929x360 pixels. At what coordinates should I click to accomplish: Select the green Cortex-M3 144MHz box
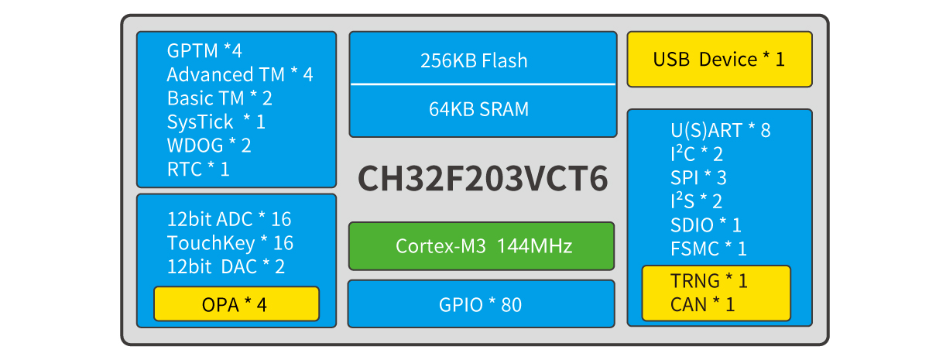click(x=482, y=246)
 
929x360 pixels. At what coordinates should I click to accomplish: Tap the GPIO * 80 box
click(x=482, y=304)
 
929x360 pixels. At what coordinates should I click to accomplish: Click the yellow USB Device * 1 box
click(x=719, y=60)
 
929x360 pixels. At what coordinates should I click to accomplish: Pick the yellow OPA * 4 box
click(x=235, y=304)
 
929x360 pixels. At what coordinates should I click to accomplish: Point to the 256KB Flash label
click(x=474, y=60)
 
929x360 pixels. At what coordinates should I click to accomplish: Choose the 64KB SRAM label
click(x=479, y=109)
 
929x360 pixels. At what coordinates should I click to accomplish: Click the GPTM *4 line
click(x=204, y=51)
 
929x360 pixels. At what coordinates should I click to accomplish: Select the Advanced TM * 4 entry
click(x=240, y=75)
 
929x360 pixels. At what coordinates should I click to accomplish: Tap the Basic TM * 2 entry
click(x=219, y=98)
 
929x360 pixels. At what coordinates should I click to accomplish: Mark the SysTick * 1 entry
click(x=216, y=122)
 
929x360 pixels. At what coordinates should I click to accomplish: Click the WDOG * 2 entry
click(x=209, y=145)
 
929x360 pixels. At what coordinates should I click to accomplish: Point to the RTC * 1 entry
click(x=198, y=169)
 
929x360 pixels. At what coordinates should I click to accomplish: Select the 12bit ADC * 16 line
click(x=229, y=219)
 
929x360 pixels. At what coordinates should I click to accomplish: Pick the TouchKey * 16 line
click(x=230, y=243)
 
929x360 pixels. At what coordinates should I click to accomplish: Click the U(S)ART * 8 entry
click(x=721, y=130)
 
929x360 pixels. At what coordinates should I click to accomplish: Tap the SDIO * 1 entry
click(x=706, y=225)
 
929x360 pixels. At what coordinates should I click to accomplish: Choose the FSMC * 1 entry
click(x=709, y=249)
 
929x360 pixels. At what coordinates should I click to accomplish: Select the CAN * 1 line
click(x=703, y=304)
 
